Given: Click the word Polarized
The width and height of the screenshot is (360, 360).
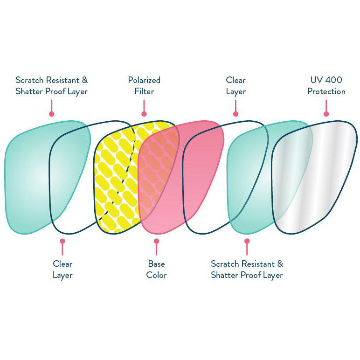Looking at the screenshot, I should pos(144,80).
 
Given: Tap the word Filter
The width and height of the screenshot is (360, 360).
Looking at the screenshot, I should pos(144,91).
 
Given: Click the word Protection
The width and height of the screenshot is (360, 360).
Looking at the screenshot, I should pos(326,91).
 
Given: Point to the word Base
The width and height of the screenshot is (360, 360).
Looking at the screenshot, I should pos(156,264).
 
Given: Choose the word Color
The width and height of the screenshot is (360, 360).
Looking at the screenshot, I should pos(156,275).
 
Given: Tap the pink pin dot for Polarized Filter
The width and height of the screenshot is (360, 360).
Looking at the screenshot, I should pos(144,113).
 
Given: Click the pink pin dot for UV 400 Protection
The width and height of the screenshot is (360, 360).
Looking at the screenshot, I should pos(326,113).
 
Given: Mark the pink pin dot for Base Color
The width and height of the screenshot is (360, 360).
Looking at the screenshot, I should pos(156,241).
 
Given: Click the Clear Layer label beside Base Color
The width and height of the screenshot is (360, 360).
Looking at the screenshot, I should pos(62,270).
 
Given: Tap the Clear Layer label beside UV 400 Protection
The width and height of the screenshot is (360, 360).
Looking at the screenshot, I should pos(235,86).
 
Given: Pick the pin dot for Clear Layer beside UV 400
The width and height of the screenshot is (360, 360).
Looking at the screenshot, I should pos(235,113).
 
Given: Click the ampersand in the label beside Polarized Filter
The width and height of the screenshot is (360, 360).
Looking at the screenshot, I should pos(84,80).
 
